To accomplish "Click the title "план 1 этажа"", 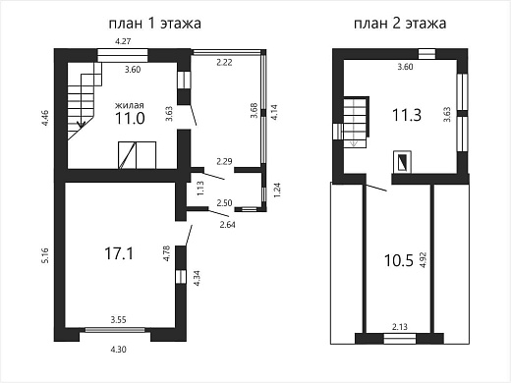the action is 154,24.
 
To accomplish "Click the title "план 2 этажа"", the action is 400,24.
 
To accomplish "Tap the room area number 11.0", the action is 130,118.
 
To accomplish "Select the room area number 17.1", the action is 119,253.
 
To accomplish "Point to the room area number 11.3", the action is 407,115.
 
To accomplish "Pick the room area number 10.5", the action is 398,261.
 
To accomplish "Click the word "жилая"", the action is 130,105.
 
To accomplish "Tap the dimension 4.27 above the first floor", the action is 123,41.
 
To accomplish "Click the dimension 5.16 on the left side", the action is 45,255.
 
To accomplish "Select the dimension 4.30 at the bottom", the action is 118,350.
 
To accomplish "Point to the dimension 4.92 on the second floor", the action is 423,260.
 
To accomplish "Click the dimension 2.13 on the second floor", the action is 400,327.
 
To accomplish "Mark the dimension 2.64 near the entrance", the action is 227,225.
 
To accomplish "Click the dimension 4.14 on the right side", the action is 274,112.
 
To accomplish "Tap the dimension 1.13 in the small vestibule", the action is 200,189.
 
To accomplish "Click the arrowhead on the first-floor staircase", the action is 81,125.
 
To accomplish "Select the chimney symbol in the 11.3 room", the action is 402,161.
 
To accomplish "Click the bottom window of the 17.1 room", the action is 115,330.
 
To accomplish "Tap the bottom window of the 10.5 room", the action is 400,339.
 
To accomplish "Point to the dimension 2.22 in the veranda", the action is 224,62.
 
